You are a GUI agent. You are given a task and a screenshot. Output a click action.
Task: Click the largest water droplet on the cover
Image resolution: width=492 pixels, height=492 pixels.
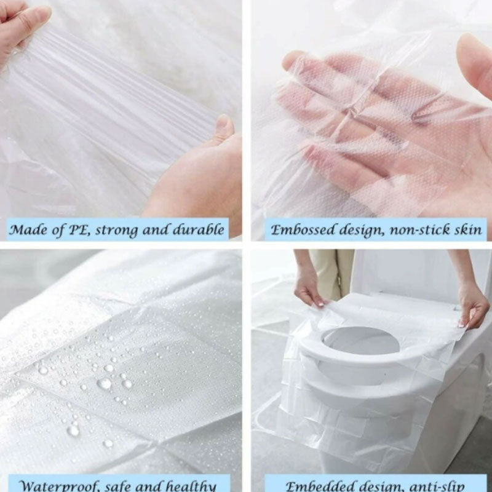[105, 383]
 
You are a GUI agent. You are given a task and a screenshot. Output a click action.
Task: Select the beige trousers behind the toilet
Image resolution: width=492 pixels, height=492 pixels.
[332, 271]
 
